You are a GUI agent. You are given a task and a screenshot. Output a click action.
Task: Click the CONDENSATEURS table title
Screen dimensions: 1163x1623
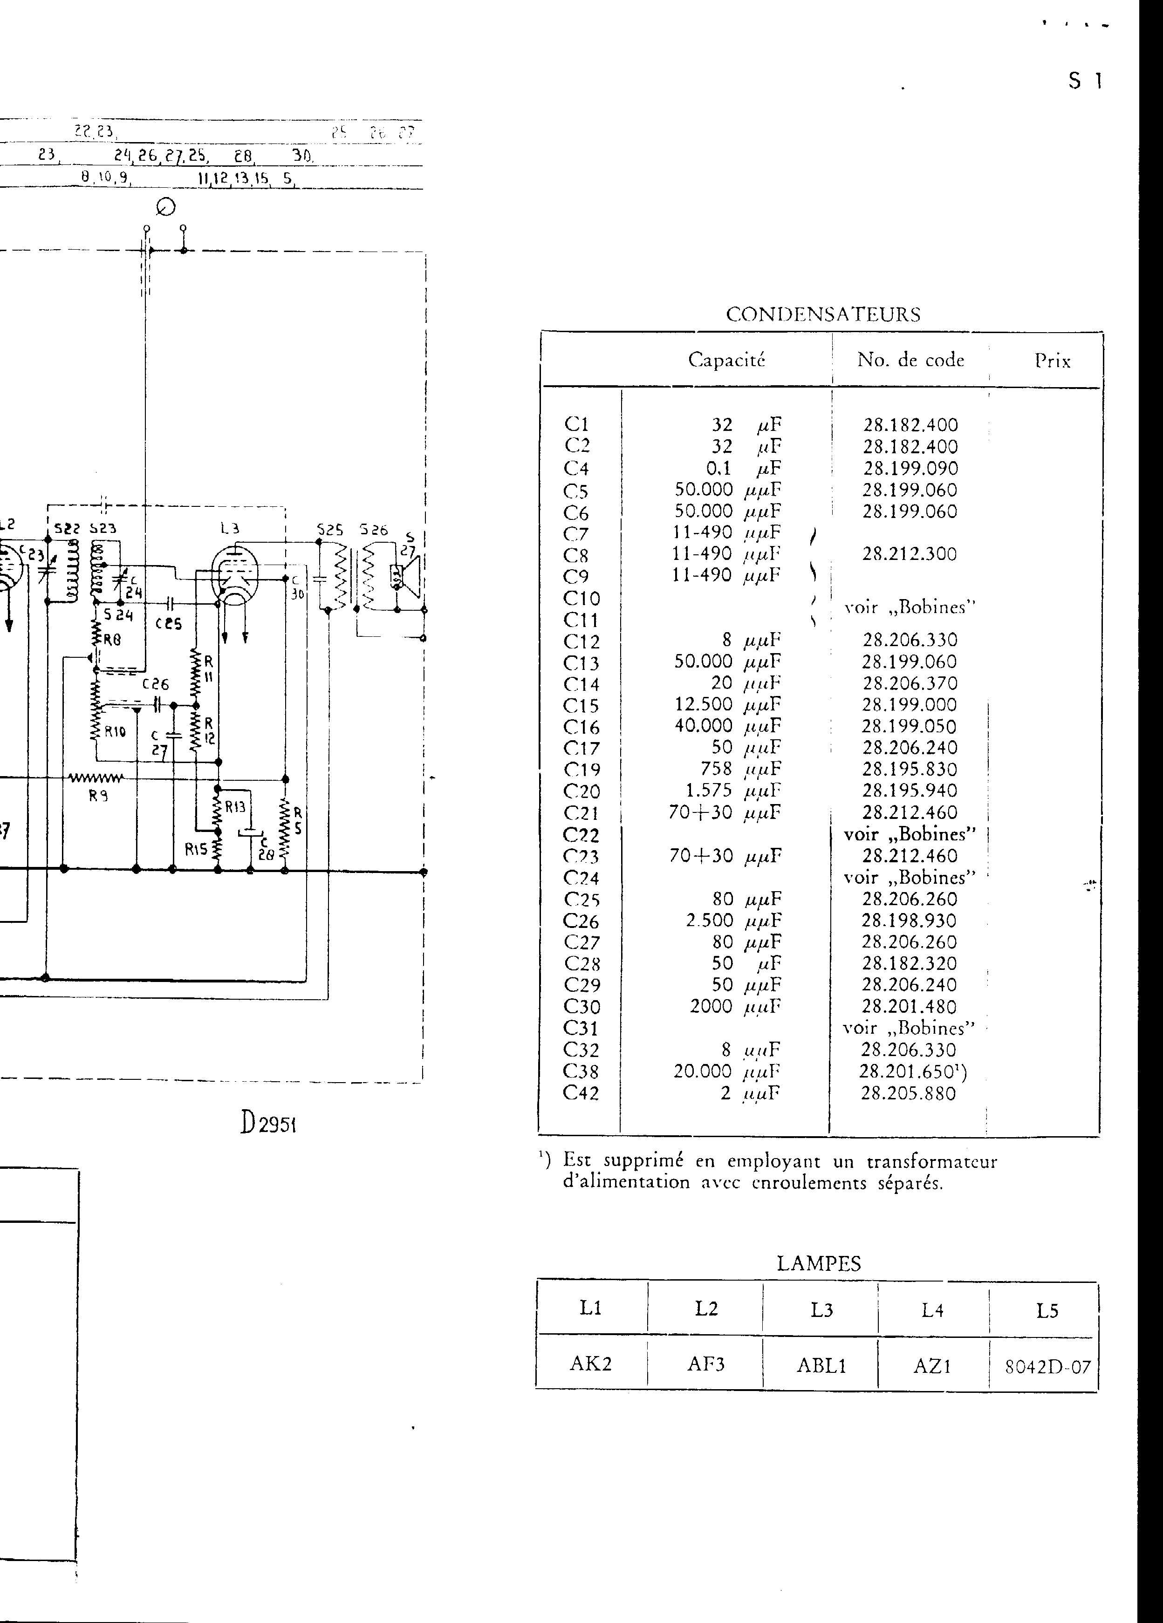click(x=823, y=315)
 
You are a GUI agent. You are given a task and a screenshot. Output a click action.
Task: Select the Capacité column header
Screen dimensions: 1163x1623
click(x=726, y=360)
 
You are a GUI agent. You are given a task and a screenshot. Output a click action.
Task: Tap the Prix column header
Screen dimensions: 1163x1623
click(x=1052, y=361)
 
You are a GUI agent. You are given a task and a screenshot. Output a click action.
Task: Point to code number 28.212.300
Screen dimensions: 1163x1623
click(x=909, y=554)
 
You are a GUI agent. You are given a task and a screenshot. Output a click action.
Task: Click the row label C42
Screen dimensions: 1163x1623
click(x=581, y=1093)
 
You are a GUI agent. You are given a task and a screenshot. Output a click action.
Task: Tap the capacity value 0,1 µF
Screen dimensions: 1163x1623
click(x=744, y=469)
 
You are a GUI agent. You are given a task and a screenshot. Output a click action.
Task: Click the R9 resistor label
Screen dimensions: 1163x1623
click(x=98, y=795)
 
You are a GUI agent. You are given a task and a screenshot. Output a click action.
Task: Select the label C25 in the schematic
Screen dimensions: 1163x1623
click(x=169, y=623)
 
